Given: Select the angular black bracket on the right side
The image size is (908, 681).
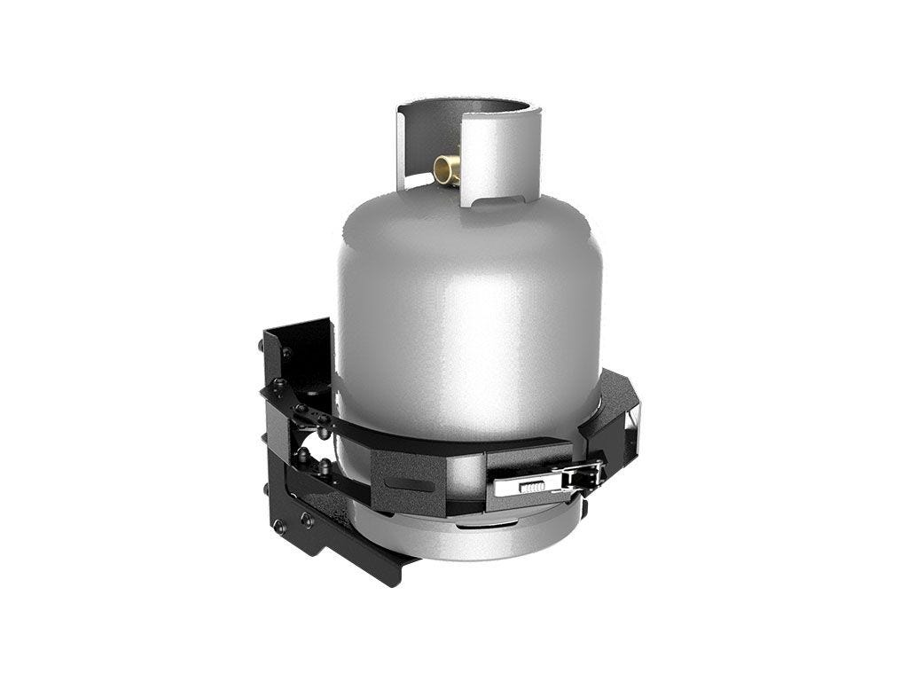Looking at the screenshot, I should coord(612,417).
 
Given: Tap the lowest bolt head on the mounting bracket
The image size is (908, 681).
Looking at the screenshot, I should coord(281,527).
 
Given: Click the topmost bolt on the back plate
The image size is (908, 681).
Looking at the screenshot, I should coord(286,352).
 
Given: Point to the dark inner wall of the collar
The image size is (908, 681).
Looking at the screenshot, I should coord(426,133).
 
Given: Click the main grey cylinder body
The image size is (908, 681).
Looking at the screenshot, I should coord(470,337).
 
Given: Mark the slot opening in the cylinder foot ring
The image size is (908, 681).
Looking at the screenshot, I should coord(479,525).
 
